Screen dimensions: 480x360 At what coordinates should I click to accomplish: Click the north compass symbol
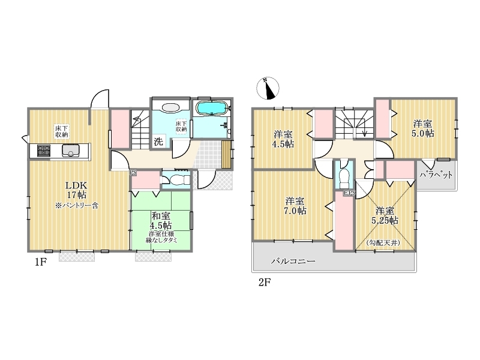coord(268,88)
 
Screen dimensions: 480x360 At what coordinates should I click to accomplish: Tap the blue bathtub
coord(212,109)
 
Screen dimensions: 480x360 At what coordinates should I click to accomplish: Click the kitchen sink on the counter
coord(71,151)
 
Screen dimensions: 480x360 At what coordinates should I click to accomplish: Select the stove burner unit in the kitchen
coord(44,151)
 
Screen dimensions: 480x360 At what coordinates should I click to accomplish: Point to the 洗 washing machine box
coord(158,142)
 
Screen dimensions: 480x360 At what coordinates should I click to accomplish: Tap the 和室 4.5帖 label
coord(161,221)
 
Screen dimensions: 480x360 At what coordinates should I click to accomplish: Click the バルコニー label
coord(293,261)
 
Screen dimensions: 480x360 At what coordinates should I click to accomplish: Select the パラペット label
coord(436,175)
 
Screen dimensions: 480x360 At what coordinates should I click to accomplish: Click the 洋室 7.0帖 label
coord(295,206)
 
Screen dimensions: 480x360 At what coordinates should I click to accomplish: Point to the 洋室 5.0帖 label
coord(423,128)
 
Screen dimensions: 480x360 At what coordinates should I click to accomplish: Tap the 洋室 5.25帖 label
coord(385,215)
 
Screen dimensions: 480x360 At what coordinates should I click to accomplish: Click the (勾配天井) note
coord(383,243)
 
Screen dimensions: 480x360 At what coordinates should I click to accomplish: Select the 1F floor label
coord(40,262)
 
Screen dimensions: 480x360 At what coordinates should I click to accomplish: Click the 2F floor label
coord(265,282)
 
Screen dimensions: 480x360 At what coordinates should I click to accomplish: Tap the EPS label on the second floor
coord(349,193)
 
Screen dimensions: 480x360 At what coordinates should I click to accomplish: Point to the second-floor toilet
coord(344,176)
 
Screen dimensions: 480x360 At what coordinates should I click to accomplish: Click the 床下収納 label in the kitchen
coord(62,131)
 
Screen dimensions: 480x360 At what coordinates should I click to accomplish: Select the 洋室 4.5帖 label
coord(283,139)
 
